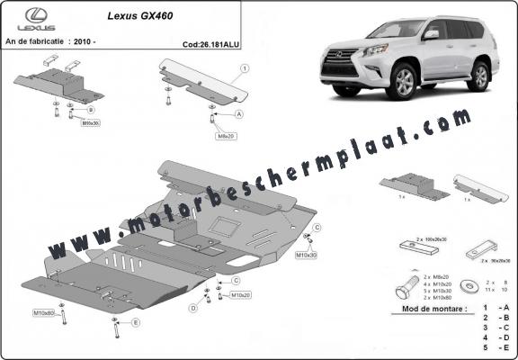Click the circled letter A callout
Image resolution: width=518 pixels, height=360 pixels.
[239, 115]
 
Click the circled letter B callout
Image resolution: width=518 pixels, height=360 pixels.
[91, 110]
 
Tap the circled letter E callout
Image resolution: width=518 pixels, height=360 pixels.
[136, 321]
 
